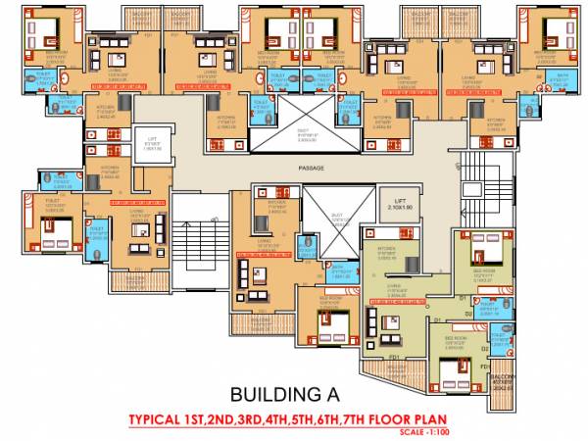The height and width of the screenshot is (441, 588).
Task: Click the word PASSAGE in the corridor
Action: point(312,168)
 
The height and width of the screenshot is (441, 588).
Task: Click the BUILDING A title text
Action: point(283,396)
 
